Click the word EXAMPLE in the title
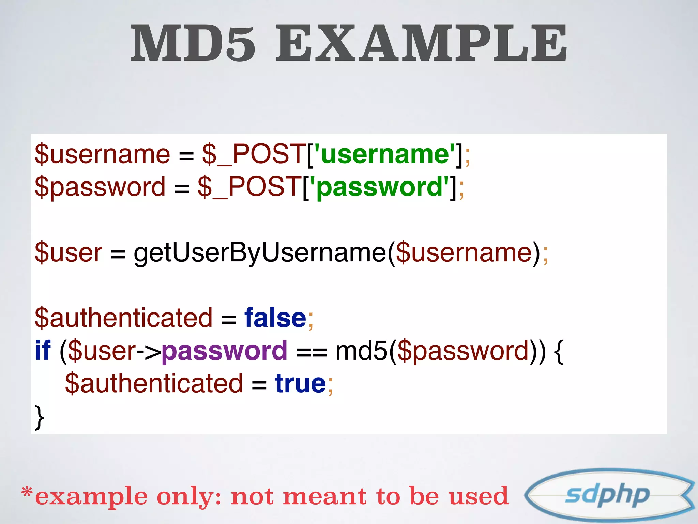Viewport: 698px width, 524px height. pos(421,44)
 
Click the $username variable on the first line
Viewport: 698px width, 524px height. pos(102,154)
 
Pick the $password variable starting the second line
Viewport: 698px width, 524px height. pos(100,187)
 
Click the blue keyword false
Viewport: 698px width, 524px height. pos(275,318)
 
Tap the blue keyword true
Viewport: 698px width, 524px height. pos(300,383)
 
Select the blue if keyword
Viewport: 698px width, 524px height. pos(43,351)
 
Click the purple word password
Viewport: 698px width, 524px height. pos(224,351)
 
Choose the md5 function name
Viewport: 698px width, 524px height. pos(362,351)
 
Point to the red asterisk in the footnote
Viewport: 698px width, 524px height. pos(27,493)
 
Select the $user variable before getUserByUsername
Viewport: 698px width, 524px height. pos(68,253)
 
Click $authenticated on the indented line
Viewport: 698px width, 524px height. pos(154,383)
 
